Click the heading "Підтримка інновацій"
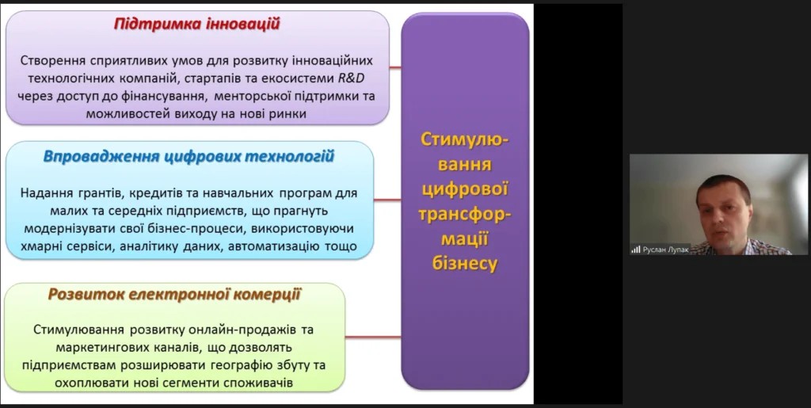[196, 25]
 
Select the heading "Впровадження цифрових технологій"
[188, 157]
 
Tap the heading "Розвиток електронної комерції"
[174, 294]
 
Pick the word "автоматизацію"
[273, 246]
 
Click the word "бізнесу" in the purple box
[464, 264]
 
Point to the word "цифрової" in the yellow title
[464, 189]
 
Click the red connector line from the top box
[395, 68]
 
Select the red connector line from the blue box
[387, 200]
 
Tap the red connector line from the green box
[373, 337]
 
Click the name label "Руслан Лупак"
[665, 250]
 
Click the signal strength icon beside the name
[636, 250]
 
